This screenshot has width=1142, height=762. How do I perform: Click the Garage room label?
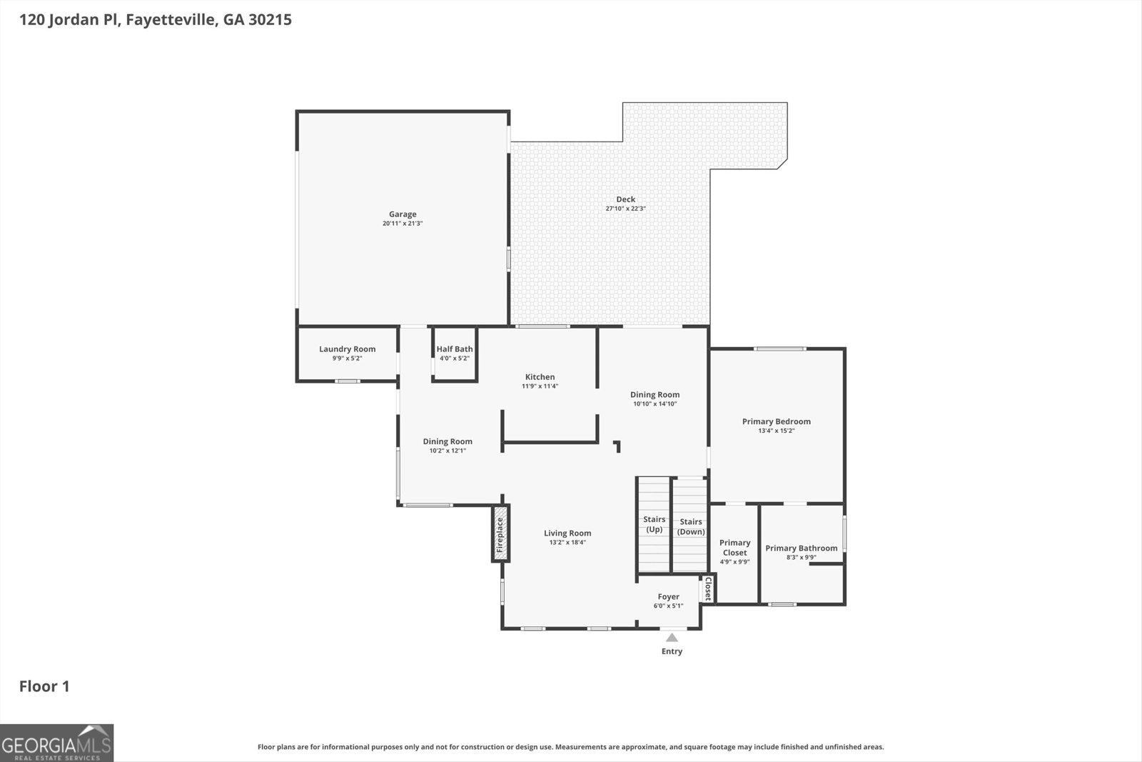[403, 214]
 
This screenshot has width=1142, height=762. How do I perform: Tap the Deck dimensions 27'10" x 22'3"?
[625, 209]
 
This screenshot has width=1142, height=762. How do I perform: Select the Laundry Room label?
[347, 349]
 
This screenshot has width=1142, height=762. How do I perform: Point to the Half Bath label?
[454, 349]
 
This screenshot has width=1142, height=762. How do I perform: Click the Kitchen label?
[540, 377]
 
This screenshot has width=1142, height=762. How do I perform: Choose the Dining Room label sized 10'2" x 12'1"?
[447, 441]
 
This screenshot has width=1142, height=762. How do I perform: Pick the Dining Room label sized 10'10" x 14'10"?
[655, 395]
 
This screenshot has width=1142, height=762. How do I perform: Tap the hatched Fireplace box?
[500, 533]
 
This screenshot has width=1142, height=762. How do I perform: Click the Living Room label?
[567, 533]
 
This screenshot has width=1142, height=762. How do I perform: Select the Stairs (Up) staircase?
[654, 524]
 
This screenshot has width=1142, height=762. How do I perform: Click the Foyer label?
[668, 597]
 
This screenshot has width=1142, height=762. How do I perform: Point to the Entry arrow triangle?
[672, 638]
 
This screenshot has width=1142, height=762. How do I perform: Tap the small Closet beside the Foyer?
[707, 588]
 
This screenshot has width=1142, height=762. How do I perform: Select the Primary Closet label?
[734, 547]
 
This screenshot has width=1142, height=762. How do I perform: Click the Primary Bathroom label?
[801, 548]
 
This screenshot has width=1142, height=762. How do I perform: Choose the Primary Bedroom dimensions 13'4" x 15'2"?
[776, 431]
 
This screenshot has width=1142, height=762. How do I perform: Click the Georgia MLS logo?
[56, 743]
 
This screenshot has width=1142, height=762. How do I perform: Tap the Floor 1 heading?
[44, 686]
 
